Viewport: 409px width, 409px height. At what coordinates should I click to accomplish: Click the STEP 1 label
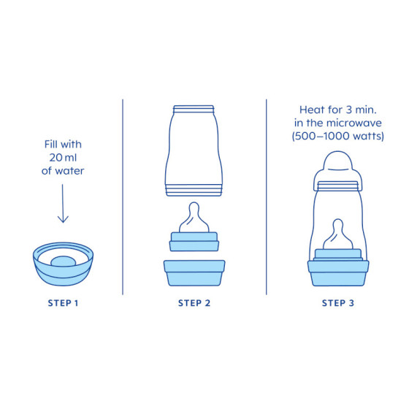coord(63,303)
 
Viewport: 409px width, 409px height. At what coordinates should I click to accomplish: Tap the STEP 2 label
coord(194,303)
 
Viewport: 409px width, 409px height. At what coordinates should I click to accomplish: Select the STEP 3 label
coord(338,303)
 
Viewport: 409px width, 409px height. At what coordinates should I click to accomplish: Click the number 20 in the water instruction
coord(56,158)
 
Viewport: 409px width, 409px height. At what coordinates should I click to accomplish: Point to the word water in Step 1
coord(69,171)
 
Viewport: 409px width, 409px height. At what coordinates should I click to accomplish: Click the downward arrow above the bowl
coord(63,204)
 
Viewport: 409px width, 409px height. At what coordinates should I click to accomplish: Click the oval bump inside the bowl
coord(63,261)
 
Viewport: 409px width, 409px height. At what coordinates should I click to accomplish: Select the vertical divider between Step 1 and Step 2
coord(123,197)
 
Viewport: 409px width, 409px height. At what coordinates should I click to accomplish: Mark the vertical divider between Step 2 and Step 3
coord(267,197)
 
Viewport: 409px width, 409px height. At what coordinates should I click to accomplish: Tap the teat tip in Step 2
coord(194,204)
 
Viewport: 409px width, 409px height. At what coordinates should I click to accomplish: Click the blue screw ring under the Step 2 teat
coord(194,242)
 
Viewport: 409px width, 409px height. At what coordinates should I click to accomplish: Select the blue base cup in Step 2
coord(194,273)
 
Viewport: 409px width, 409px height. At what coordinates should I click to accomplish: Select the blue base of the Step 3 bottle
coord(338,273)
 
